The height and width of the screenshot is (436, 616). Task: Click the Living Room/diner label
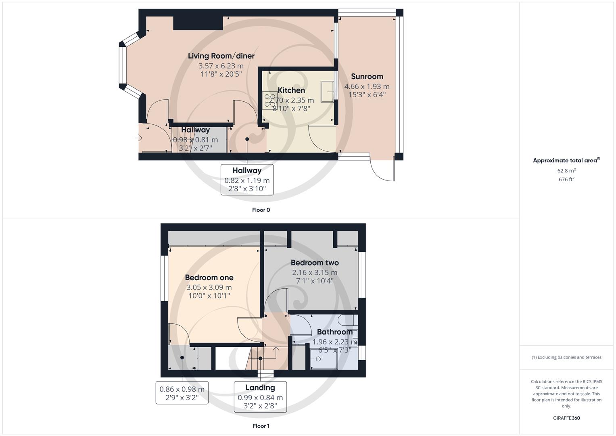[221, 56]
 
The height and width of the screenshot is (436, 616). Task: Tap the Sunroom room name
[367, 76]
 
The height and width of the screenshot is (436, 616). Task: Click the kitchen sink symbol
[327, 91]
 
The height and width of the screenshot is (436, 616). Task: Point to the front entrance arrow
[138, 138]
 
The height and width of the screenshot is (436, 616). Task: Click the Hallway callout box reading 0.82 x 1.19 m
[247, 180]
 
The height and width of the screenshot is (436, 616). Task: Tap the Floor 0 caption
[261, 210]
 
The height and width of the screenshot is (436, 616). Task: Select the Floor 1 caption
[261, 426]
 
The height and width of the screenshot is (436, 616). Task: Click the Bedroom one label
[209, 277]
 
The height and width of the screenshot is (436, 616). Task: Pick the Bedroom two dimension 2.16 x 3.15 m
[315, 272]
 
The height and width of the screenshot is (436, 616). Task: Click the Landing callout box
[260, 396]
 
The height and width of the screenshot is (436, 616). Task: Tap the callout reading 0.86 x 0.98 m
[182, 393]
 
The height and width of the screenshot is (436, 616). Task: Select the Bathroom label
[334, 332]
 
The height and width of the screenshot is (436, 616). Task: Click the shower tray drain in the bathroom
[318, 358]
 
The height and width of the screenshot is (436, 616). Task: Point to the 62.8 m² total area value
[566, 171]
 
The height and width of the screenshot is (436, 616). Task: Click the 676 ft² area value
[566, 180]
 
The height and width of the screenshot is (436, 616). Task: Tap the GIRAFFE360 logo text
[566, 418]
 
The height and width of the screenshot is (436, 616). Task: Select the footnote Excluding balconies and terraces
[566, 357]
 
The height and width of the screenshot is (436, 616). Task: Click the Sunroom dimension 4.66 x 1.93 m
[367, 86]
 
